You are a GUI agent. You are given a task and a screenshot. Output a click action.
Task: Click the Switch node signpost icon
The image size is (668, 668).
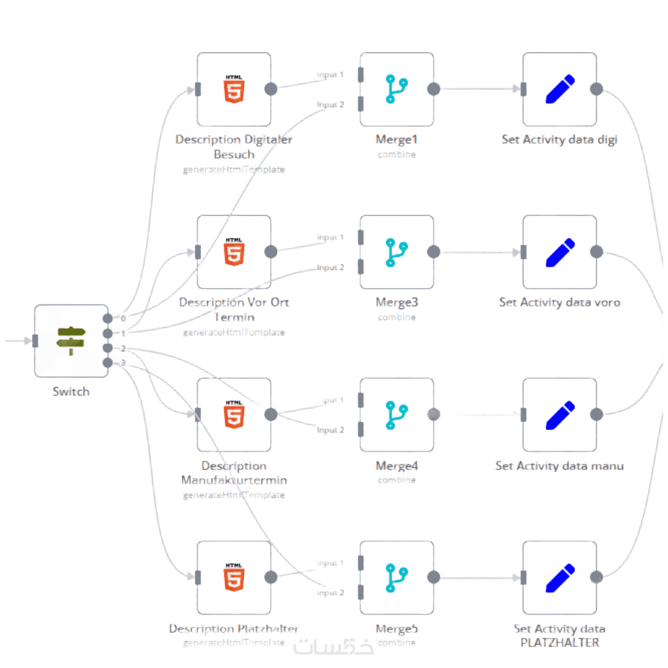point(71,340)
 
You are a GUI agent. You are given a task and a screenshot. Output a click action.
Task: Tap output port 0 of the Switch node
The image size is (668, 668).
point(108,318)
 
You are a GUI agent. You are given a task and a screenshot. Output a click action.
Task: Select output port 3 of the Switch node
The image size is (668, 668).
point(108,363)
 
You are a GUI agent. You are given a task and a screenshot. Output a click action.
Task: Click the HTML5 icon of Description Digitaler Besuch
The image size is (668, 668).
point(234,89)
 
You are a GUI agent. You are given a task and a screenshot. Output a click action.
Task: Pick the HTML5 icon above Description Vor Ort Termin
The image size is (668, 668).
point(234,252)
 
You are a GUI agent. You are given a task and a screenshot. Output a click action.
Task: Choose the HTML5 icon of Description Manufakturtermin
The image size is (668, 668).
point(234,414)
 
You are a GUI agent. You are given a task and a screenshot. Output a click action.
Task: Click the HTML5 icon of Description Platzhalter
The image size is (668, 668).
point(234,577)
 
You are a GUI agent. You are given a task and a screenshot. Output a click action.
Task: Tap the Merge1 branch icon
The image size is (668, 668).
point(396,89)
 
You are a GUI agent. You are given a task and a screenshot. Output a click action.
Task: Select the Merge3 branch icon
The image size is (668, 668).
point(396,252)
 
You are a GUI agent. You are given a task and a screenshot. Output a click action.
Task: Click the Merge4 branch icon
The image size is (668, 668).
point(396,414)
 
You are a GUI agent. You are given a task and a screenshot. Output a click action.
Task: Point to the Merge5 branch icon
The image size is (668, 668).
point(396,577)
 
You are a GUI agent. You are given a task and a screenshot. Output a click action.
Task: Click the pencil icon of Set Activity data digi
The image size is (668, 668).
point(559,90)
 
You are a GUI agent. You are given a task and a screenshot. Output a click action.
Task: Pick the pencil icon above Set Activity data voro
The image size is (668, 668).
point(559,252)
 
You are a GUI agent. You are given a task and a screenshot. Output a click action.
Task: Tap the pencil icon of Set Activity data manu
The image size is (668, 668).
point(559,415)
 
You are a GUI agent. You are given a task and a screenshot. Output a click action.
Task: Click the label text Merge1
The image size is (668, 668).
point(396,140)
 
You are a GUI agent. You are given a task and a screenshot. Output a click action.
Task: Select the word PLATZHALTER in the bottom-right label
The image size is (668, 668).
point(559,642)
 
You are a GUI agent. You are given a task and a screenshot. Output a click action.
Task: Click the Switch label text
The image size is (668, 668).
point(71,391)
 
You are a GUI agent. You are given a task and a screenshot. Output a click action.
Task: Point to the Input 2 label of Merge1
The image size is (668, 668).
point(331,104)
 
